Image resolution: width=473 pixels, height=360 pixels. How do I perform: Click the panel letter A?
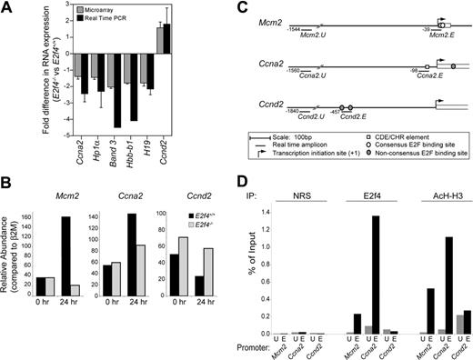(x=9, y=8)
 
